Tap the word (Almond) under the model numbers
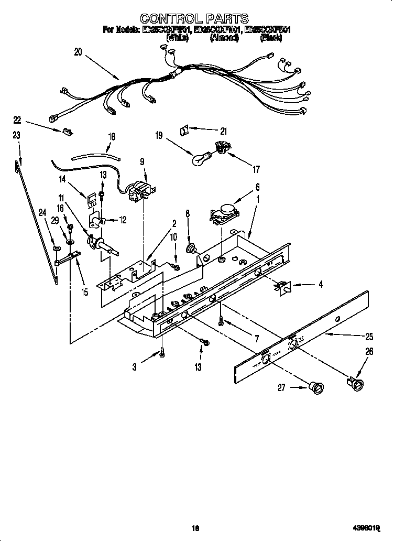(x=225, y=38)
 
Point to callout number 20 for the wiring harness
(x=78, y=51)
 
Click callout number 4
(x=320, y=285)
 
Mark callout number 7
(x=256, y=339)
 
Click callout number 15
(x=84, y=292)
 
